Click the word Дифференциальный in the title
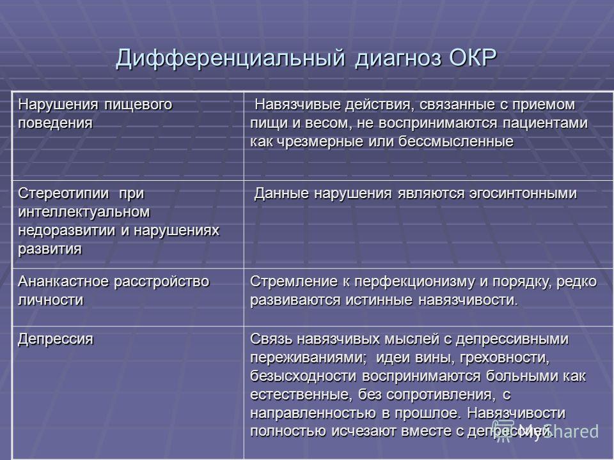pyautogui.click(x=230, y=59)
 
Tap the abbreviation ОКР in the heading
pyautogui.click(x=473, y=57)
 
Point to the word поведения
pyautogui.click(x=56, y=123)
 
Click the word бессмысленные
pyautogui.click(x=456, y=141)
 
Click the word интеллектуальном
pyautogui.click(x=84, y=211)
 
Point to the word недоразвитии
pyautogui.click(x=67, y=231)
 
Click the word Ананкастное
pyautogui.click(x=63, y=282)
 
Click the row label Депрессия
pyautogui.click(x=56, y=339)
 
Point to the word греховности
pyautogui.click(x=505, y=358)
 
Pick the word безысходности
pyautogui.click(x=303, y=376)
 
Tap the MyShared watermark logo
pyautogui.click(x=546, y=431)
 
